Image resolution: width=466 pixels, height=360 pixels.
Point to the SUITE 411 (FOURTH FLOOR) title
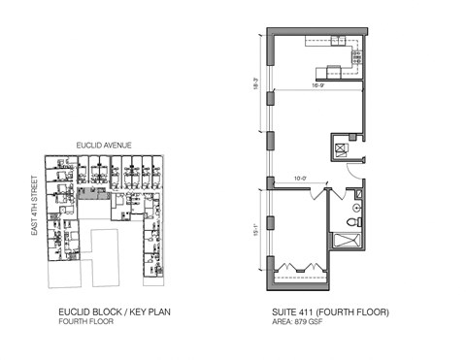tap(331, 312)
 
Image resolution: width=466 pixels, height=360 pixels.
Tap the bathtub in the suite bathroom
tap(346, 242)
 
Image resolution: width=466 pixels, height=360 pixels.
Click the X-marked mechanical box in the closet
tap(342, 147)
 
